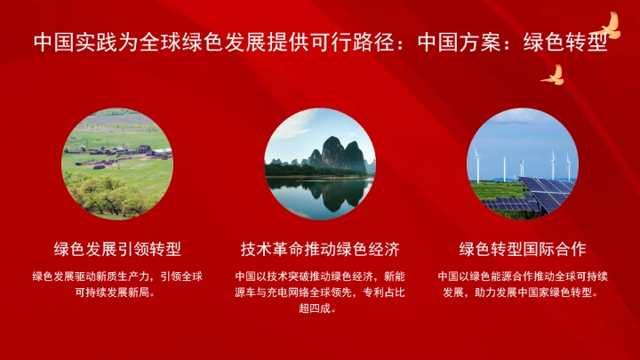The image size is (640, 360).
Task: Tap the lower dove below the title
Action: [553, 75]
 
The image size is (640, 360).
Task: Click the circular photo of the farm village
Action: [117, 163]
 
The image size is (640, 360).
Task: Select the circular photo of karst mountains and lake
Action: [320, 163]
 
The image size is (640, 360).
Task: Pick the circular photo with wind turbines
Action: [523, 163]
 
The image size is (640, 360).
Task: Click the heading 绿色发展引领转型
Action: [117, 248]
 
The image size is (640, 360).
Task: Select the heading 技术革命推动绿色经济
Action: [320, 248]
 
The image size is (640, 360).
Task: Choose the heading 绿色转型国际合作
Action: [523, 248]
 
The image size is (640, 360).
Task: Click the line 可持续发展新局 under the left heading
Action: [117, 292]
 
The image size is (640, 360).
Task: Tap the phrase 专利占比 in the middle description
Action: [385, 292]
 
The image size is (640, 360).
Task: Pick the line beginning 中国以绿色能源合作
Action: [523, 276]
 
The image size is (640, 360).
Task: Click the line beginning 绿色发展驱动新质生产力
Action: [117, 276]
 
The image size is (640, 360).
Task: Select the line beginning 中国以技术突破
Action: [320, 276]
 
